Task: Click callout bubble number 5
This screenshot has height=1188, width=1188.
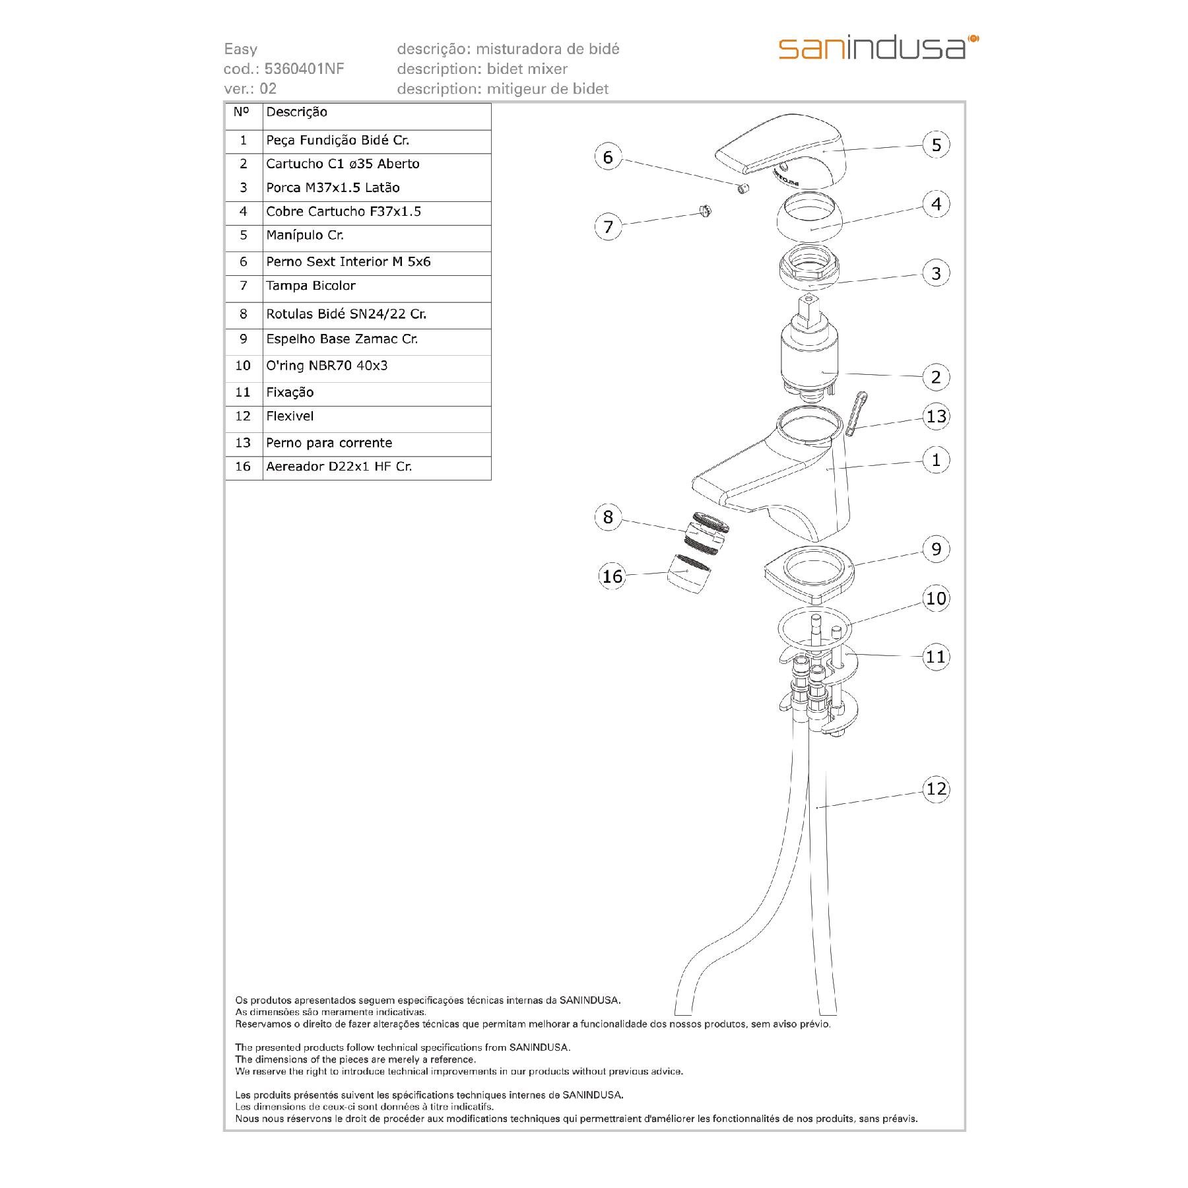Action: tap(936, 145)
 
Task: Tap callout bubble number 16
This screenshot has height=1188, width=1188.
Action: tap(612, 576)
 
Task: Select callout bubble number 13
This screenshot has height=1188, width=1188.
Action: tap(936, 416)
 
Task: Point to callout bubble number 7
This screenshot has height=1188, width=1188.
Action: tap(608, 226)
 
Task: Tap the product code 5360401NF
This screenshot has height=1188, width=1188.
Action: tap(304, 69)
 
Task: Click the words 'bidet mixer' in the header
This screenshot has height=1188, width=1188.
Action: tap(527, 69)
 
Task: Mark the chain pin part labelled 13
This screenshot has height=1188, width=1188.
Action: tap(855, 413)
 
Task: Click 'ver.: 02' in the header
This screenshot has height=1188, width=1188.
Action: tap(250, 88)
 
